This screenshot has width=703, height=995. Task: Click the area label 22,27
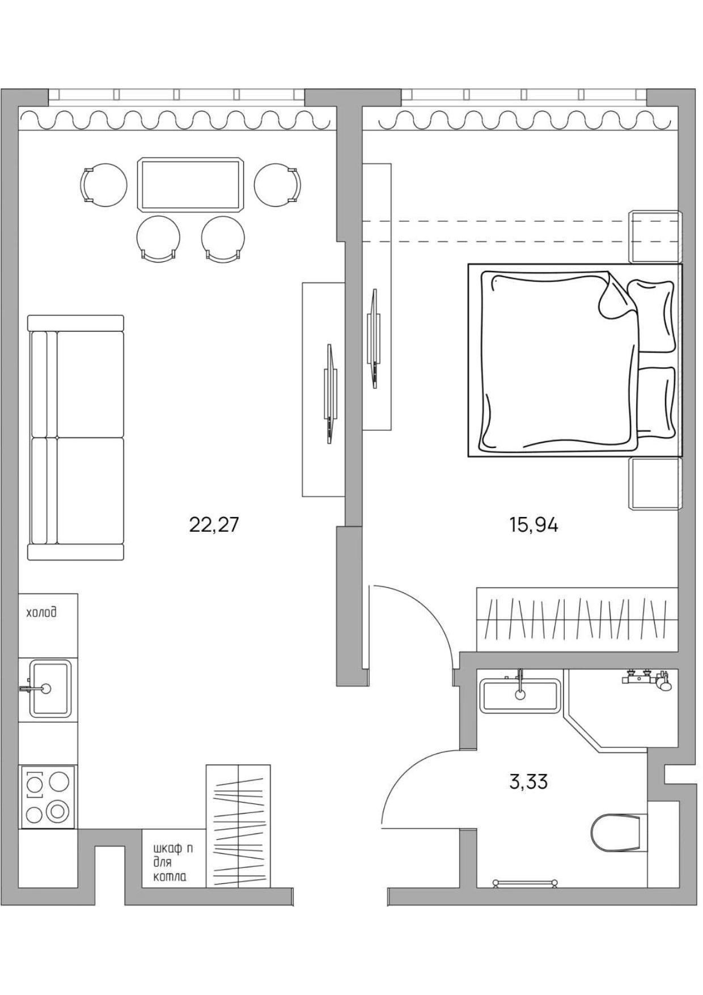pos(214,526)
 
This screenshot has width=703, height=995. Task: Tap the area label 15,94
pos(533,526)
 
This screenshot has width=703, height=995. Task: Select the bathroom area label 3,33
pos(528,782)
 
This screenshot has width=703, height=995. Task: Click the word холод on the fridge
pos(41,613)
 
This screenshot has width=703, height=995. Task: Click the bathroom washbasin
pos(520,696)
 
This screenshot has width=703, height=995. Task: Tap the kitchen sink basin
pos(50,689)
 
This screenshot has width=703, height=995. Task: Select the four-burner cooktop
pos(48,797)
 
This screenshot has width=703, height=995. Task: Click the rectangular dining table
pos(190,185)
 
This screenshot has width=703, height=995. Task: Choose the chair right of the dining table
pos(278,185)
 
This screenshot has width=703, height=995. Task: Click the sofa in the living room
pos(76,438)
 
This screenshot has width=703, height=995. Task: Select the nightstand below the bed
pos(655,484)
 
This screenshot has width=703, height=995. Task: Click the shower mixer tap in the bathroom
pos(647,679)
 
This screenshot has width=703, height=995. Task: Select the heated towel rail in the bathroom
pos(525,883)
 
